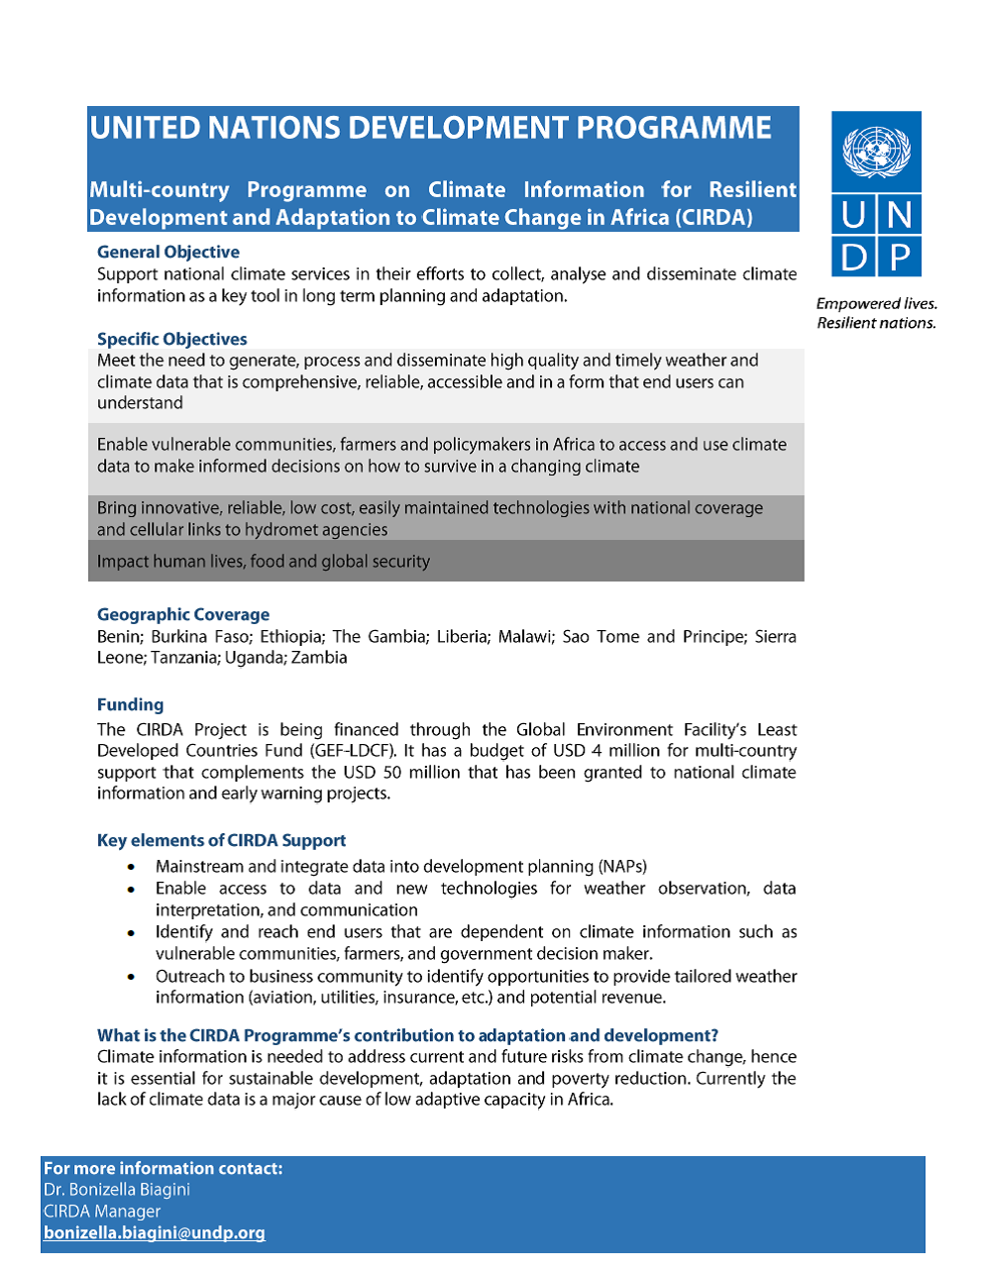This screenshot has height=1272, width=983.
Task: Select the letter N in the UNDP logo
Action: click(x=900, y=214)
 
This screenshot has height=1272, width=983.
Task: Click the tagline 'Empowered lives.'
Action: click(x=876, y=303)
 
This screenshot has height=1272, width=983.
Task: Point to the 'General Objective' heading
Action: click(x=167, y=252)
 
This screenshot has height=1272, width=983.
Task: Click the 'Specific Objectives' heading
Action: click(x=171, y=339)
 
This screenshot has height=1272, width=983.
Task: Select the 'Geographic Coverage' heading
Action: click(x=182, y=614)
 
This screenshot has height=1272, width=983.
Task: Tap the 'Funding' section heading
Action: click(x=130, y=704)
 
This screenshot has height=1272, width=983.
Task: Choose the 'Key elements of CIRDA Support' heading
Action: click(x=221, y=840)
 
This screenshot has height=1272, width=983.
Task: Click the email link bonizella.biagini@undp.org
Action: click(x=155, y=1232)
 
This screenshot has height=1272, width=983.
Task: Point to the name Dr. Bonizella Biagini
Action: click(x=117, y=1189)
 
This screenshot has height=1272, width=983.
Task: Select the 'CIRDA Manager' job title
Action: click(x=102, y=1211)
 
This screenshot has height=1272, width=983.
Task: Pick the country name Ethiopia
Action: click(x=291, y=636)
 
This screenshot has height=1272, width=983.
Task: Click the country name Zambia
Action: click(x=319, y=658)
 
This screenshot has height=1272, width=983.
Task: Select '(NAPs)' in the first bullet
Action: click(x=622, y=866)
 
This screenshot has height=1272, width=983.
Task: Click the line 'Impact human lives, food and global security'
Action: click(x=264, y=562)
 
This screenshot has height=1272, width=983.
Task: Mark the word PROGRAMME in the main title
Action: click(x=673, y=128)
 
